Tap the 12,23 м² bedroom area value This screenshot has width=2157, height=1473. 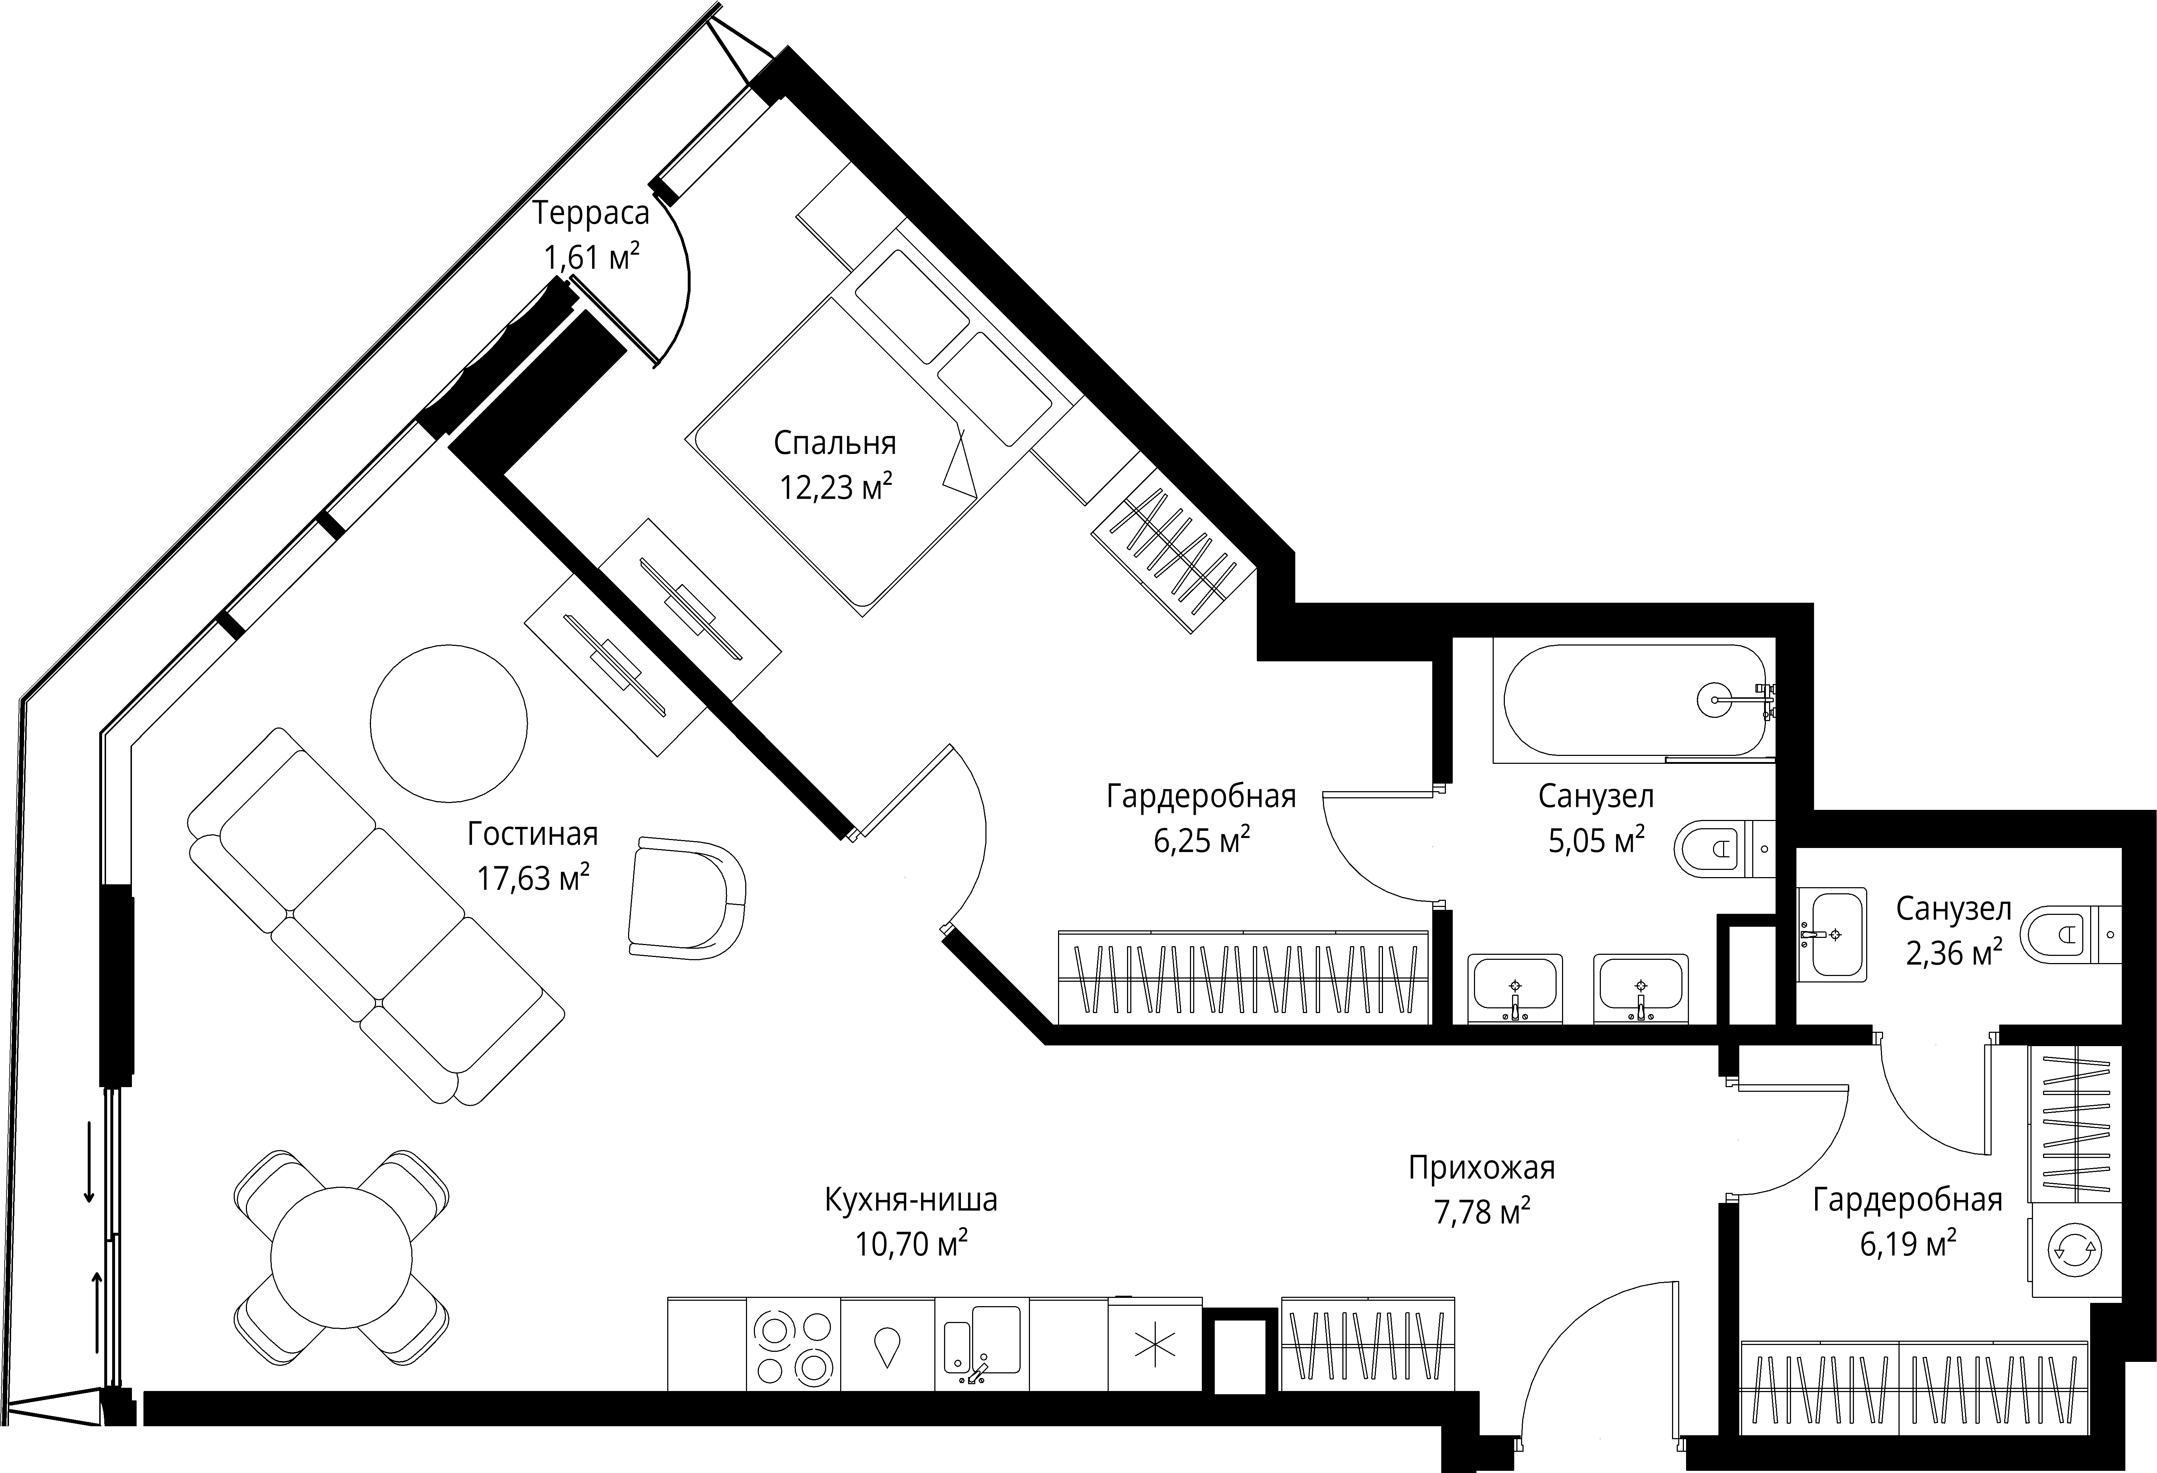[836, 486]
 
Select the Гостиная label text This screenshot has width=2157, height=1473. [533, 834]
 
